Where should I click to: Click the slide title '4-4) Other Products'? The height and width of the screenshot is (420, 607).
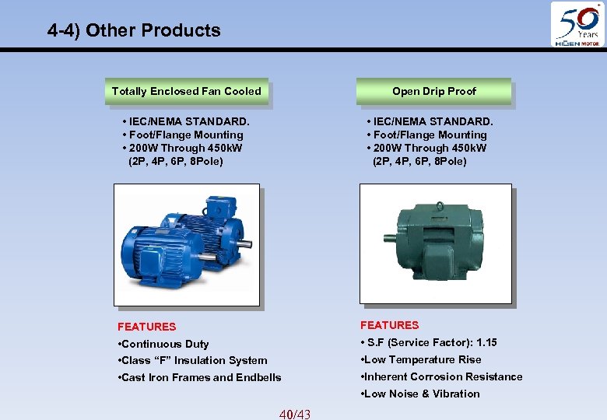(x=134, y=30)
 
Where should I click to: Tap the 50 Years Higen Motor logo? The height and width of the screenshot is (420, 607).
(x=577, y=25)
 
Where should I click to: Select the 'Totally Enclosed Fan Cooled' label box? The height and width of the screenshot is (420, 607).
(x=187, y=91)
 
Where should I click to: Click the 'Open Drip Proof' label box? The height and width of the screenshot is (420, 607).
(x=433, y=91)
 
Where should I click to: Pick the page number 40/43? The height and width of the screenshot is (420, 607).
(x=294, y=414)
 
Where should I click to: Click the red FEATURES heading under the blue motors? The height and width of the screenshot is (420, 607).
(x=146, y=327)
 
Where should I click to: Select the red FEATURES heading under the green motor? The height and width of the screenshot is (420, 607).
(x=389, y=325)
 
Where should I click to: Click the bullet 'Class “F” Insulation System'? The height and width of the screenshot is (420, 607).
(x=192, y=360)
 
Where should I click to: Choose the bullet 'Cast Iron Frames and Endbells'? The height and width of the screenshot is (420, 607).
(x=199, y=377)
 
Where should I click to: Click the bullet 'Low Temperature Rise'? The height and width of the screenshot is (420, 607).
(x=421, y=359)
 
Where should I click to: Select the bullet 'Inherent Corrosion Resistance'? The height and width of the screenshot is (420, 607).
(x=441, y=376)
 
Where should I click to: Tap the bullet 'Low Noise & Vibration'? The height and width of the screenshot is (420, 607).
(x=420, y=394)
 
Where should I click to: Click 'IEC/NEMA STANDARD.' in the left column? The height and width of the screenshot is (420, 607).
(x=186, y=121)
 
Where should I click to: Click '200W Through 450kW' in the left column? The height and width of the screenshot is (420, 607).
(x=182, y=148)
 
